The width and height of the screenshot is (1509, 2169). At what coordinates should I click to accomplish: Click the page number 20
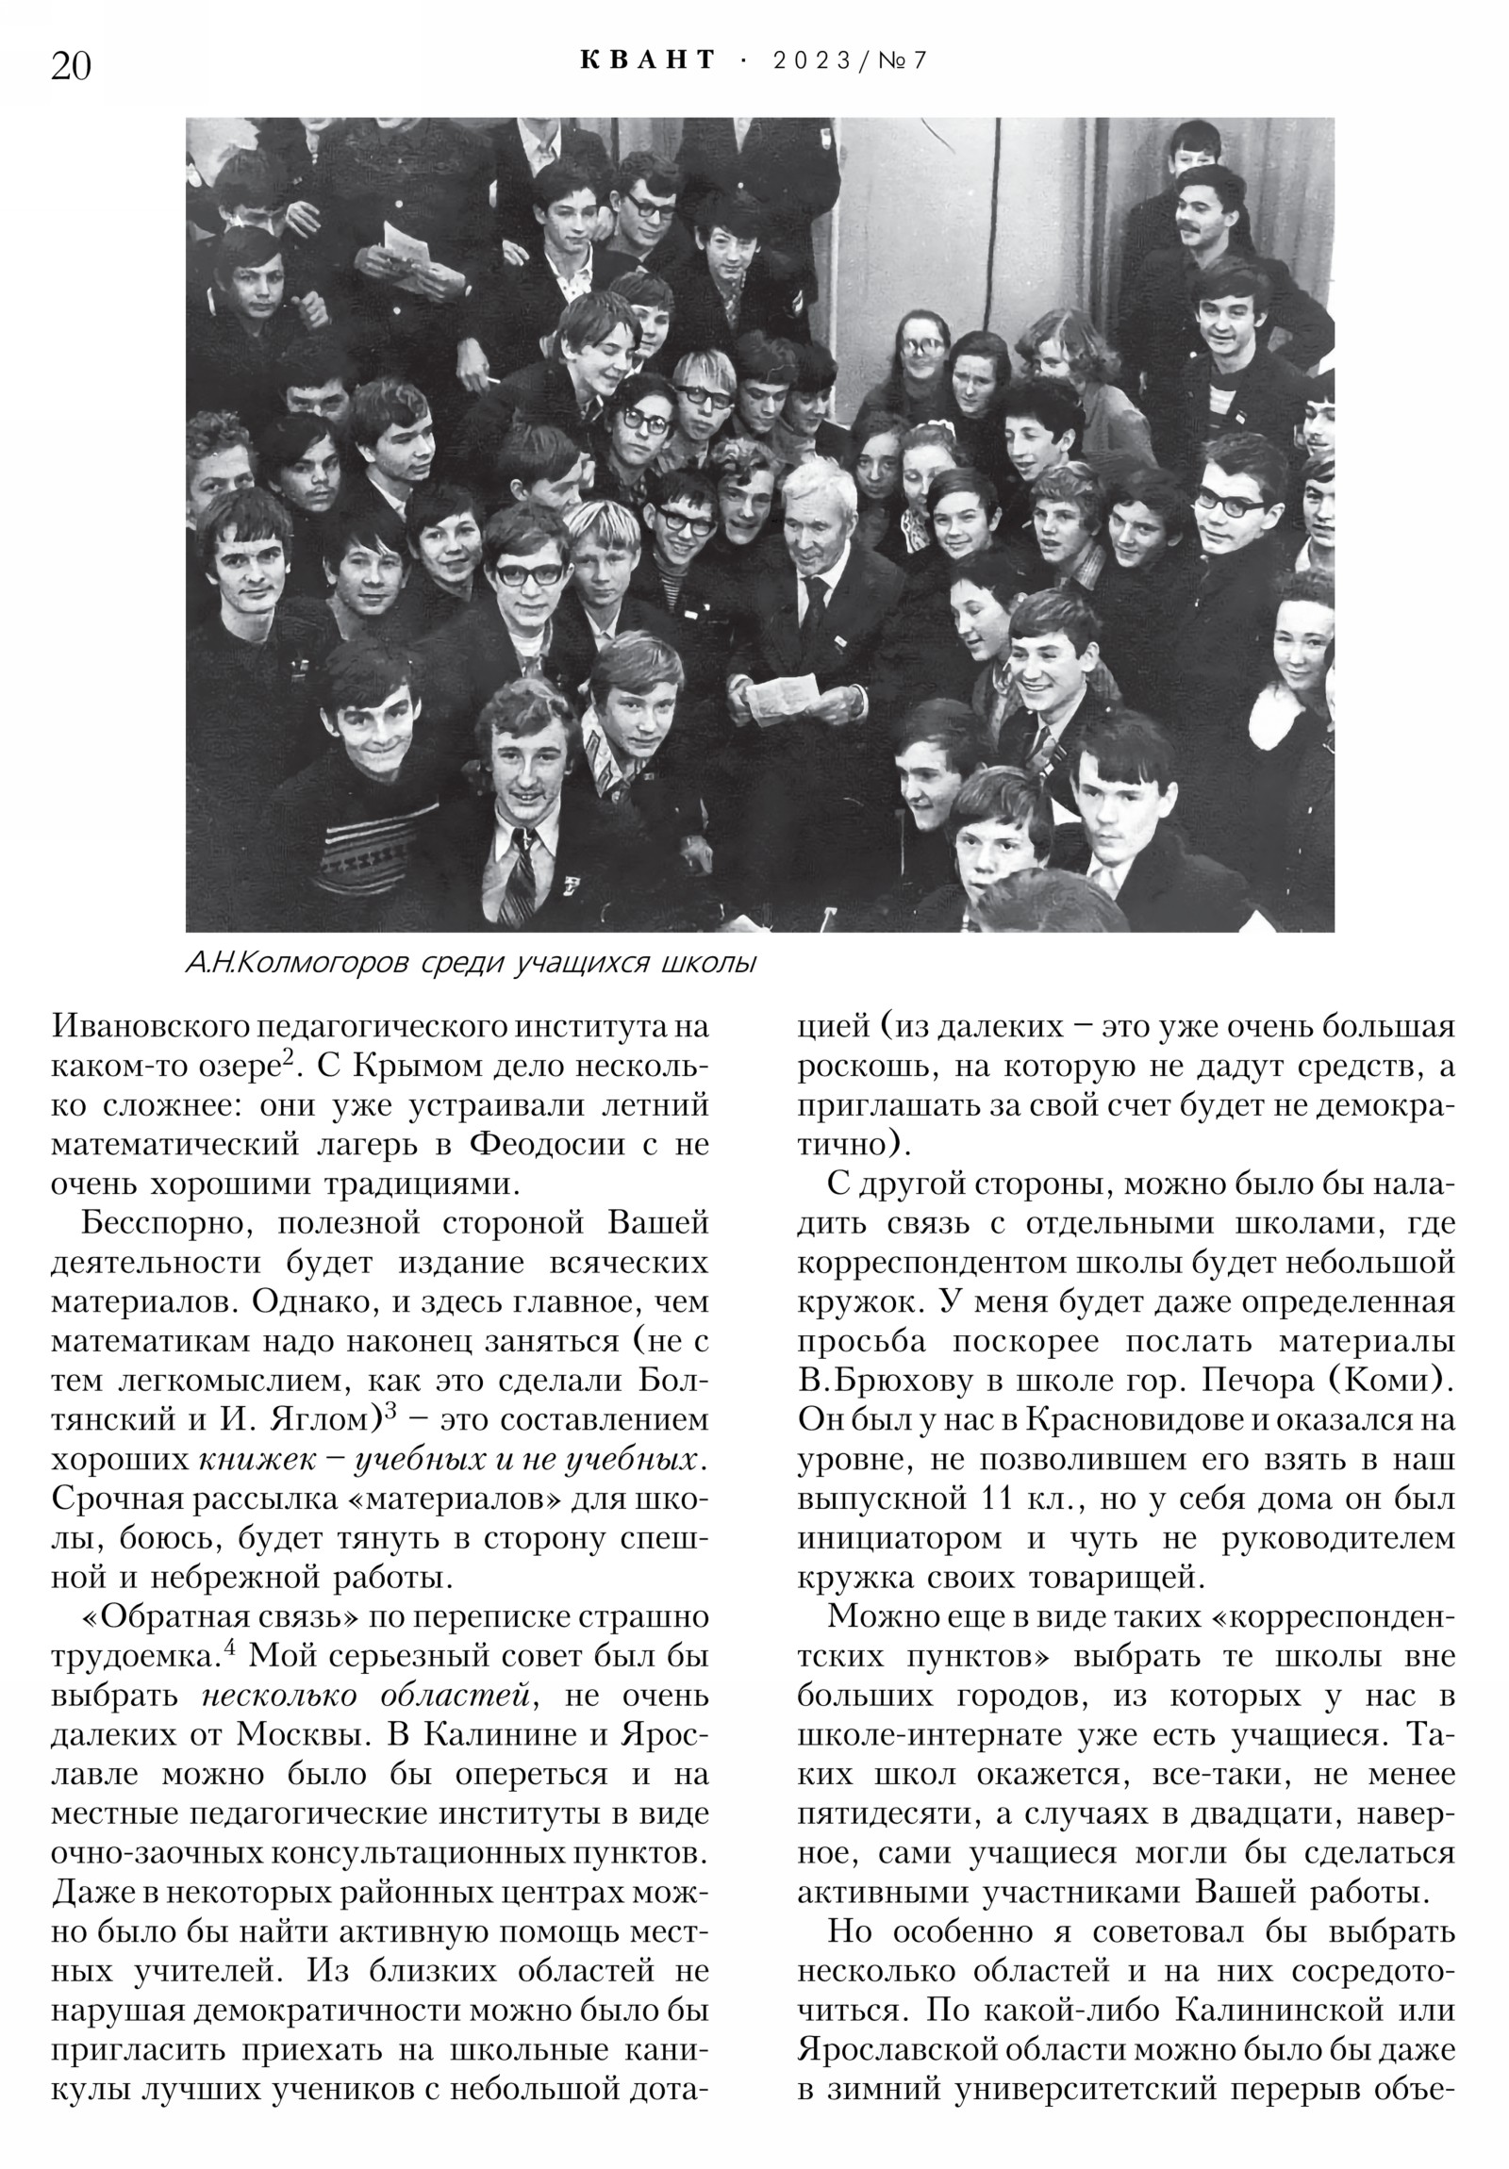tap(71, 67)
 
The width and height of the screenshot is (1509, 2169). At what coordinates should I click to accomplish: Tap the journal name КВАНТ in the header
tap(648, 60)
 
